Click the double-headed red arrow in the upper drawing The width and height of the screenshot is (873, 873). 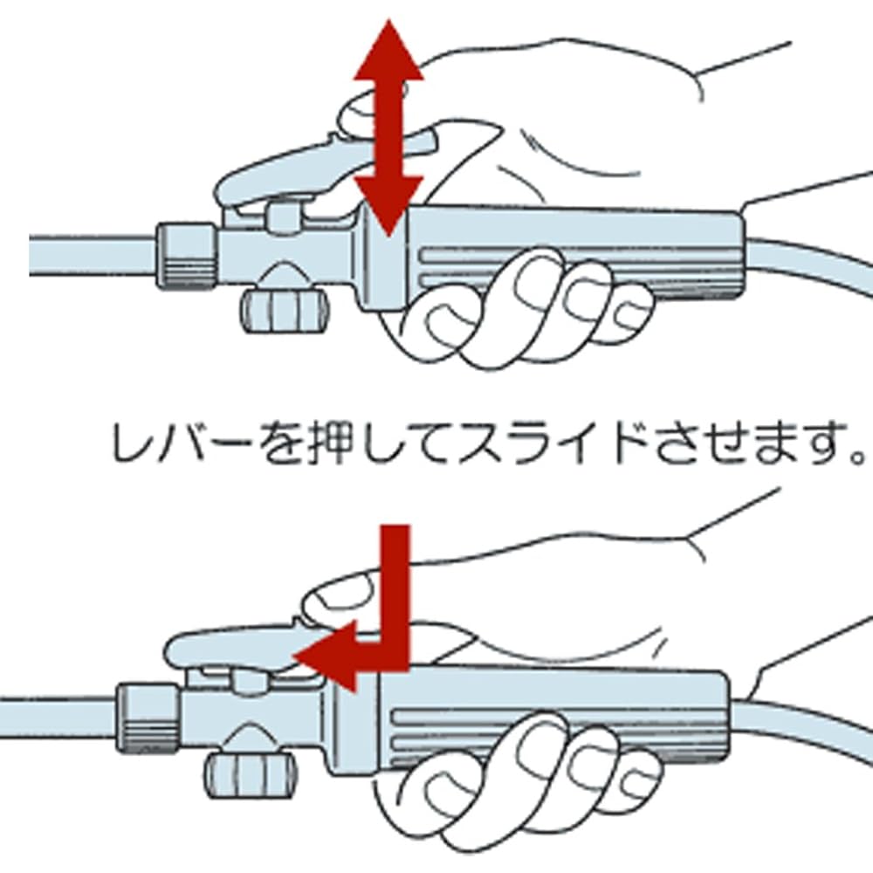(x=389, y=128)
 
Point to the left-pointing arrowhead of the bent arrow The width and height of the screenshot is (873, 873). (x=325, y=657)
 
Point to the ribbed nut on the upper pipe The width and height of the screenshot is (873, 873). (x=185, y=256)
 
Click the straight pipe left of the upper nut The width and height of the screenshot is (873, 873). (x=93, y=256)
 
